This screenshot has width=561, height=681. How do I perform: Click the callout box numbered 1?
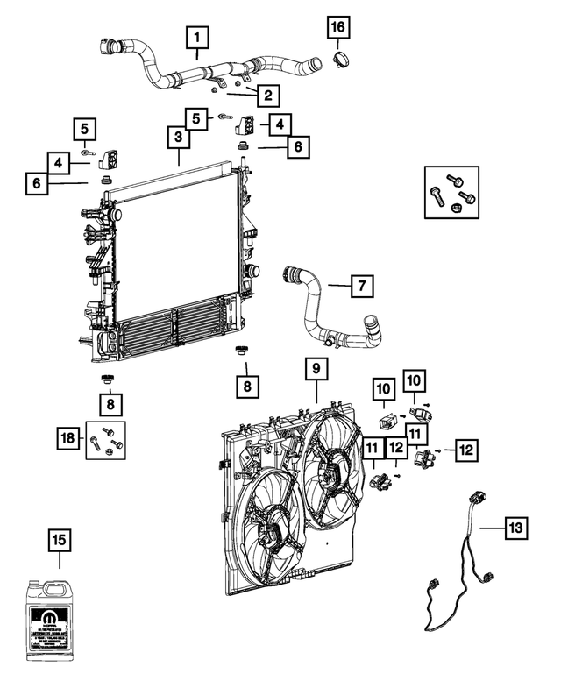[x=197, y=38]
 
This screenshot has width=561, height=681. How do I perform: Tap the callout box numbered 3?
[x=177, y=138]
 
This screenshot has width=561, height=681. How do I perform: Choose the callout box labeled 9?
[x=316, y=370]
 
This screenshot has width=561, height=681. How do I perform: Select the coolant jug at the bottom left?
[x=60, y=619]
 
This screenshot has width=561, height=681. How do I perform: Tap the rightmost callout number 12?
[x=465, y=450]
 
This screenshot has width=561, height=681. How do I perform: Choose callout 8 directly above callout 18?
[x=110, y=405]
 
